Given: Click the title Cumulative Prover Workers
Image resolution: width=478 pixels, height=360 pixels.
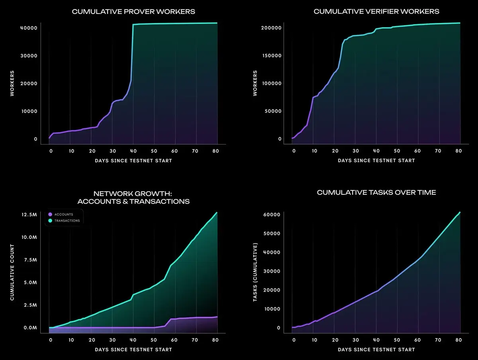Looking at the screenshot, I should pyautogui.click(x=133, y=12).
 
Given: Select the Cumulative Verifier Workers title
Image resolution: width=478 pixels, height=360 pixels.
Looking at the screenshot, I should pyautogui.click(x=376, y=12).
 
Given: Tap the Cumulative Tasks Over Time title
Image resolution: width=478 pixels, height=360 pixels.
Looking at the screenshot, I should pyautogui.click(x=376, y=193).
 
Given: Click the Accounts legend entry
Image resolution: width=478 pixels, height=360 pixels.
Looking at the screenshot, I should pyautogui.click(x=63, y=215).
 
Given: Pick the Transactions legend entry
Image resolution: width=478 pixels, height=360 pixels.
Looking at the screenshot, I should pyautogui.click(x=67, y=221).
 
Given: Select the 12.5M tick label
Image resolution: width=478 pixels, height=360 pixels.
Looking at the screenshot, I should pyautogui.click(x=29, y=215).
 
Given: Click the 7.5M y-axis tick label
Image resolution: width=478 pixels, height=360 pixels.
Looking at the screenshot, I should pyautogui.click(x=30, y=260).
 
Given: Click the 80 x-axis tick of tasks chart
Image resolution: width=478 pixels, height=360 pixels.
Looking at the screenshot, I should pyautogui.click(x=458, y=340).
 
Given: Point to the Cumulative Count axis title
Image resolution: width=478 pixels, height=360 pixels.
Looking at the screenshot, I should pyautogui.click(x=12, y=272).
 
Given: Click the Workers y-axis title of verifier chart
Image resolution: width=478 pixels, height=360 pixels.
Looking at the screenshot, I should pyautogui.click(x=255, y=83).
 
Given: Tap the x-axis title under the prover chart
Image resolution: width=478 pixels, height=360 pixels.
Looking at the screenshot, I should pyautogui.click(x=133, y=160).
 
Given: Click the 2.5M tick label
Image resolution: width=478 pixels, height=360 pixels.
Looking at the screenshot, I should pyautogui.click(x=30, y=305).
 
